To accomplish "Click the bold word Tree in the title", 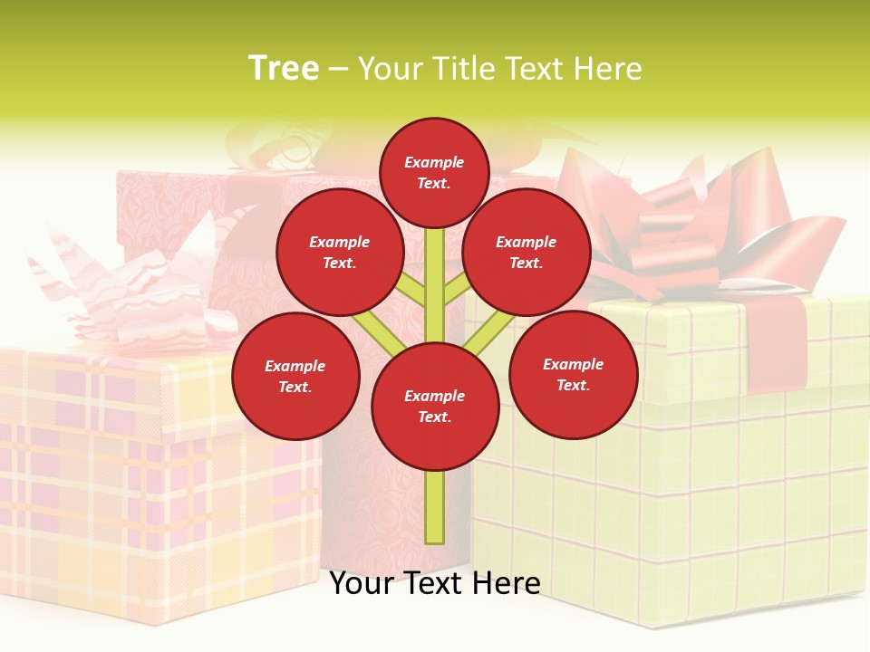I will coord(284,69).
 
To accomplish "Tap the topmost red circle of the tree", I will coord(434,172).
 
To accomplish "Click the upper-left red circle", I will coord(339,252).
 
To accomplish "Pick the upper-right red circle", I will coord(527,252).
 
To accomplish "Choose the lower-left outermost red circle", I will coord(295,376).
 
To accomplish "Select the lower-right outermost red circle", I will coord(573,374).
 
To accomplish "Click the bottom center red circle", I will coord(435,406).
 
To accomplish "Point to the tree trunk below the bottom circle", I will coord(435,507).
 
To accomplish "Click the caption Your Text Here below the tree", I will coord(435,583).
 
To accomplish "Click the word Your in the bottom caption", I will coord(362,583).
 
